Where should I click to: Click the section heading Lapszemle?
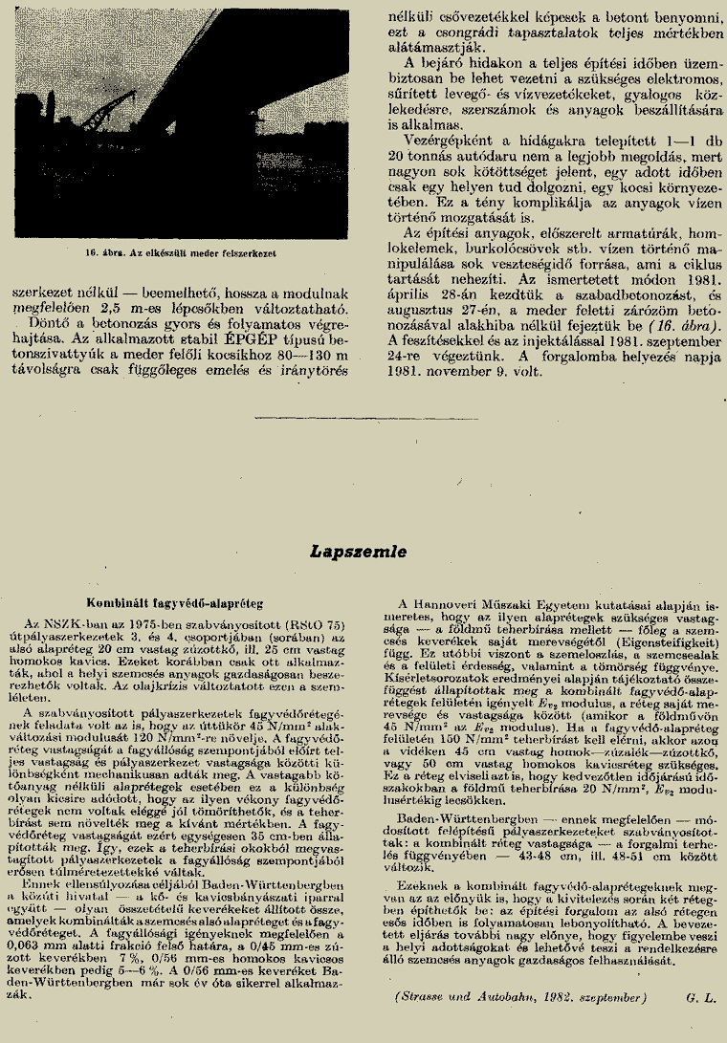[358, 552]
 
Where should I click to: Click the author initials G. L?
[699, 998]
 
